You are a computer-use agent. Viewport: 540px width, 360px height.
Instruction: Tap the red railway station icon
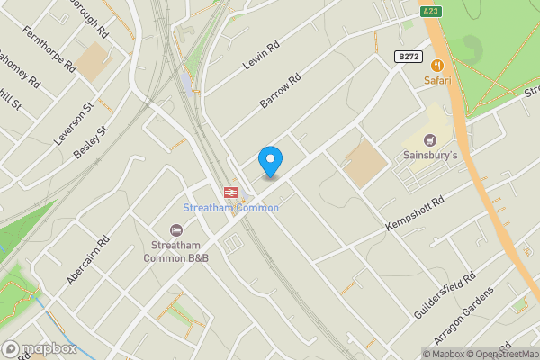pyautogui.click(x=230, y=192)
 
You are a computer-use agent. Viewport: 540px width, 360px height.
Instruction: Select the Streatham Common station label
pyautogui.click(x=231, y=208)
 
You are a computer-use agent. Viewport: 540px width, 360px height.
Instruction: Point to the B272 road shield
pyautogui.click(x=408, y=56)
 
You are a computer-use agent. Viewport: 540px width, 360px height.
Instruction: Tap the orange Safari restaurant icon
pyautogui.click(x=437, y=65)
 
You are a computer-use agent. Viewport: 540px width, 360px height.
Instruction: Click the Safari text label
pyautogui.click(x=437, y=81)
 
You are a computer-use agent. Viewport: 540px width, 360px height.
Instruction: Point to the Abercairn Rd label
pyautogui.click(x=87, y=260)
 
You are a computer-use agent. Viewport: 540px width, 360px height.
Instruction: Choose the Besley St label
pyautogui.click(x=90, y=143)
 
